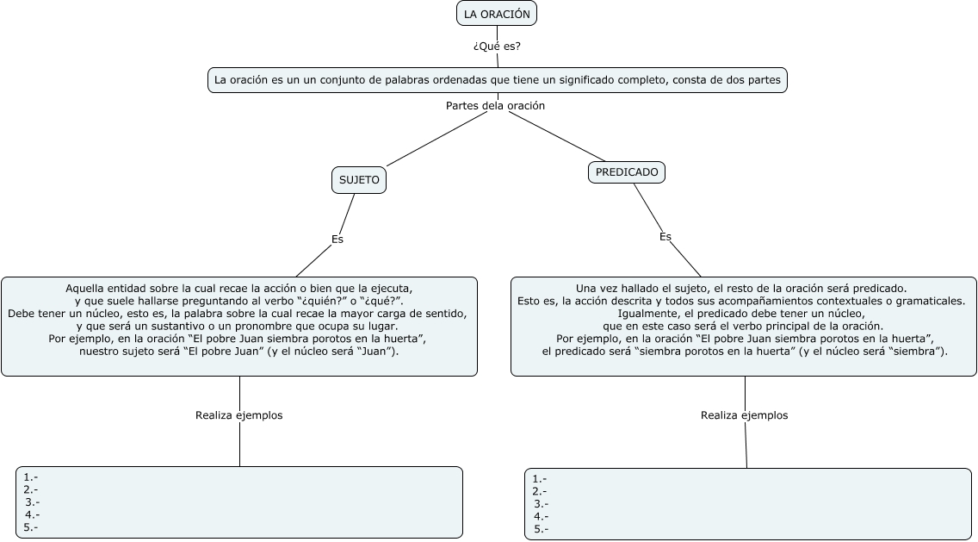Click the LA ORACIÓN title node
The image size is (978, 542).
pos(496,14)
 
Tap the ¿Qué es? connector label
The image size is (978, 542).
pos(497,47)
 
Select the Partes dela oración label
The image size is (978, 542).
pos(495,105)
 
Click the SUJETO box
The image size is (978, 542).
pos(359,180)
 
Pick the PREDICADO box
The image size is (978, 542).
pos(627,172)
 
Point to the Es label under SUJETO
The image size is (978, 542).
pos(337,240)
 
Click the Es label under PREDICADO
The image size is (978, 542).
pos(665,236)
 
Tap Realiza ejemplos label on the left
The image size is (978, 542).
pos(238,415)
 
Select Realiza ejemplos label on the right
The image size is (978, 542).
pos(744,415)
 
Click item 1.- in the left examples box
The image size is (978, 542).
pos(31,477)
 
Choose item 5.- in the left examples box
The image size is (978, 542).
pos(31,526)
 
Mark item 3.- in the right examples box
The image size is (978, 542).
pos(542,504)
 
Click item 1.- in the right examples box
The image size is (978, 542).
pos(540,479)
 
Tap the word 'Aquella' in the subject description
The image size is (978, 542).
pos(86,288)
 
